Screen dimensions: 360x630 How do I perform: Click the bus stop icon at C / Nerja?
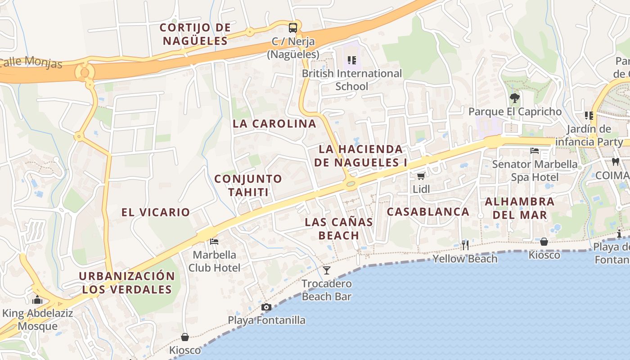tap(293, 27)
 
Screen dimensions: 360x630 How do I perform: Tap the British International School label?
tap(351, 80)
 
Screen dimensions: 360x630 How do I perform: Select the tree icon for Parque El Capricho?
tap(515, 98)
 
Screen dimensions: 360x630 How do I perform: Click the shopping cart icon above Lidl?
tap(421, 176)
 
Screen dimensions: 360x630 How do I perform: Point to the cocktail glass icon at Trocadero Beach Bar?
tap(327, 270)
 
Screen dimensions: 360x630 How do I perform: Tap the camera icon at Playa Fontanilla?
tap(266, 307)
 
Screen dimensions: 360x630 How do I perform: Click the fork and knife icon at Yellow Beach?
tap(465, 245)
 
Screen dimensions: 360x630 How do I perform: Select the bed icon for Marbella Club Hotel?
tap(214, 242)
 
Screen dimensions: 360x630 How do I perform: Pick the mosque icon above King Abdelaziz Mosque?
tap(37, 300)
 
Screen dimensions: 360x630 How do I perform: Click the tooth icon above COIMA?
tap(616, 162)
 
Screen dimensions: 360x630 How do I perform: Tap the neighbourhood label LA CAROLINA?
tap(274, 124)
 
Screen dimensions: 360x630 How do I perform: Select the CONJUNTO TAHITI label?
tap(248, 185)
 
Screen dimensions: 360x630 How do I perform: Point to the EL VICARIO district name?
tap(156, 212)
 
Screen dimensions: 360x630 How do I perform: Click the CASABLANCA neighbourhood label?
tap(428, 211)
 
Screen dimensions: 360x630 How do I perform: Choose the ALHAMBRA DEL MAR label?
tap(520, 208)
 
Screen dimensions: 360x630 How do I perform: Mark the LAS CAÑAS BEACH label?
tap(339, 228)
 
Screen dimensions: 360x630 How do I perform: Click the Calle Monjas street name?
tap(31, 62)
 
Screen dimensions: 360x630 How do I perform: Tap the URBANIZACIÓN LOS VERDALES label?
tap(127, 283)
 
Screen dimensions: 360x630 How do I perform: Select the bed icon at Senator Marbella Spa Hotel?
tap(535, 150)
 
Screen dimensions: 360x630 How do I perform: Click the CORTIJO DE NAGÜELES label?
tap(195, 34)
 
